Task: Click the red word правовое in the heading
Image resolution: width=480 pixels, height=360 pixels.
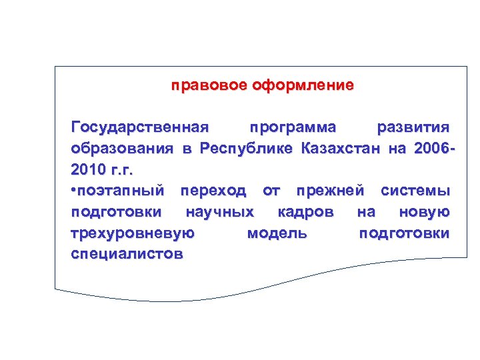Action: (209, 86)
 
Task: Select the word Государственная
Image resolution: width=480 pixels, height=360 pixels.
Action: (140, 127)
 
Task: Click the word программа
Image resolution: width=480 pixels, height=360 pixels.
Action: (292, 127)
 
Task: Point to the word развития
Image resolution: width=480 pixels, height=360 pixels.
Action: (413, 127)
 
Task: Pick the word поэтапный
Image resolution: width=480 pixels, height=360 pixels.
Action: (121, 191)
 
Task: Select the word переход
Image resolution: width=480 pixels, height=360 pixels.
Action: (213, 191)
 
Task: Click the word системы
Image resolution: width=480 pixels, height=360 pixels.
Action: (415, 191)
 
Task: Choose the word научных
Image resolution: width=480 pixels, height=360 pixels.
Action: (220, 213)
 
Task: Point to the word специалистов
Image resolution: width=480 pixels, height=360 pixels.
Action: (127, 255)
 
